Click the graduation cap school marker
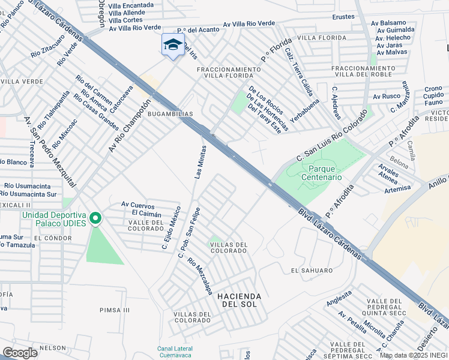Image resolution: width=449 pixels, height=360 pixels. pyautogui.click(x=173, y=45)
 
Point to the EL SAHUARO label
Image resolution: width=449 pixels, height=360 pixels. pyautogui.click(x=311, y=271)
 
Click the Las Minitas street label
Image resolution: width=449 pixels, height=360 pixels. pyautogui.click(x=200, y=161)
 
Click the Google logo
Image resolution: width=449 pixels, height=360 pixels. pyautogui.click(x=20, y=353)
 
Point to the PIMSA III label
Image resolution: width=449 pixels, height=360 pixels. pyautogui.click(x=114, y=310)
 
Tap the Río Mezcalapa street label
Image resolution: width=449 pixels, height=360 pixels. pyautogui.click(x=200, y=276)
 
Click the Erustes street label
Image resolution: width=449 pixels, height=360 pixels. pyautogui.click(x=343, y=17)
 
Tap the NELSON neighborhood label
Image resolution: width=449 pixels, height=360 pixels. pyautogui.click(x=52, y=348)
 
